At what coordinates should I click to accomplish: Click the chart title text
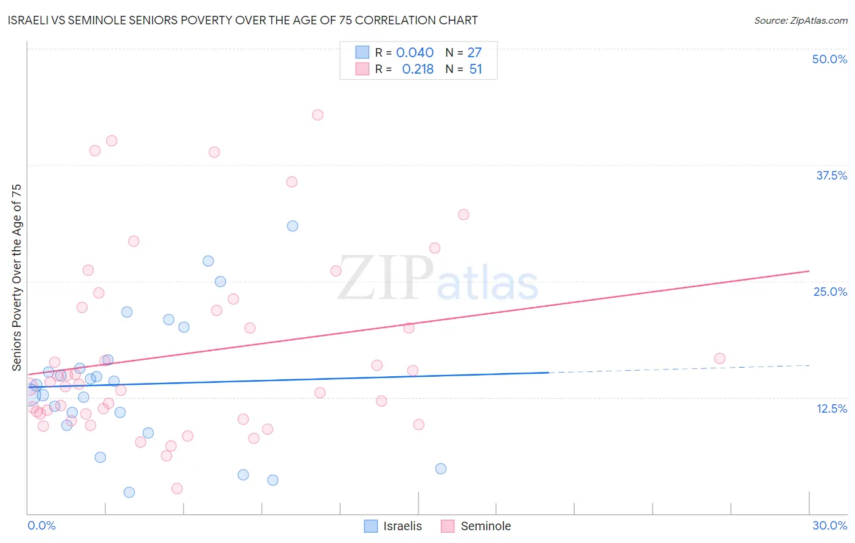click(243, 20)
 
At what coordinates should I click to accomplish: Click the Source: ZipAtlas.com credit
click(800, 20)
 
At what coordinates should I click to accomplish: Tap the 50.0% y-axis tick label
click(829, 59)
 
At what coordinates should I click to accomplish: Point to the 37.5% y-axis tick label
click(831, 175)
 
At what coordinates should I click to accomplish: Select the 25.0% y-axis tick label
click(829, 292)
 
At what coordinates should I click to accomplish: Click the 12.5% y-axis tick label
click(831, 408)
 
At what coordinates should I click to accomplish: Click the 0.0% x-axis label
click(41, 525)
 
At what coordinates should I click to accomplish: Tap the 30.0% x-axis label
click(829, 525)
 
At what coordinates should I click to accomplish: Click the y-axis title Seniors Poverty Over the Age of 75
click(17, 278)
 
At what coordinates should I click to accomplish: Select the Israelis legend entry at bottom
click(393, 526)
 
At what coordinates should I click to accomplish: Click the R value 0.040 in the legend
click(415, 53)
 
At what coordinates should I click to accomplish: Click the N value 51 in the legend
click(476, 69)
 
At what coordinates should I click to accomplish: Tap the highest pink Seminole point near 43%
click(317, 115)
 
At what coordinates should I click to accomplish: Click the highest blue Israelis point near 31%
click(292, 226)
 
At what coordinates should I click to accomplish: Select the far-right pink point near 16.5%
click(719, 359)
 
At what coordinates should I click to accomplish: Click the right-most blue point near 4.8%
click(441, 469)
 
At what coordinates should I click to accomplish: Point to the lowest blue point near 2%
click(129, 492)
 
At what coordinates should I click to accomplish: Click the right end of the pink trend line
click(808, 271)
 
